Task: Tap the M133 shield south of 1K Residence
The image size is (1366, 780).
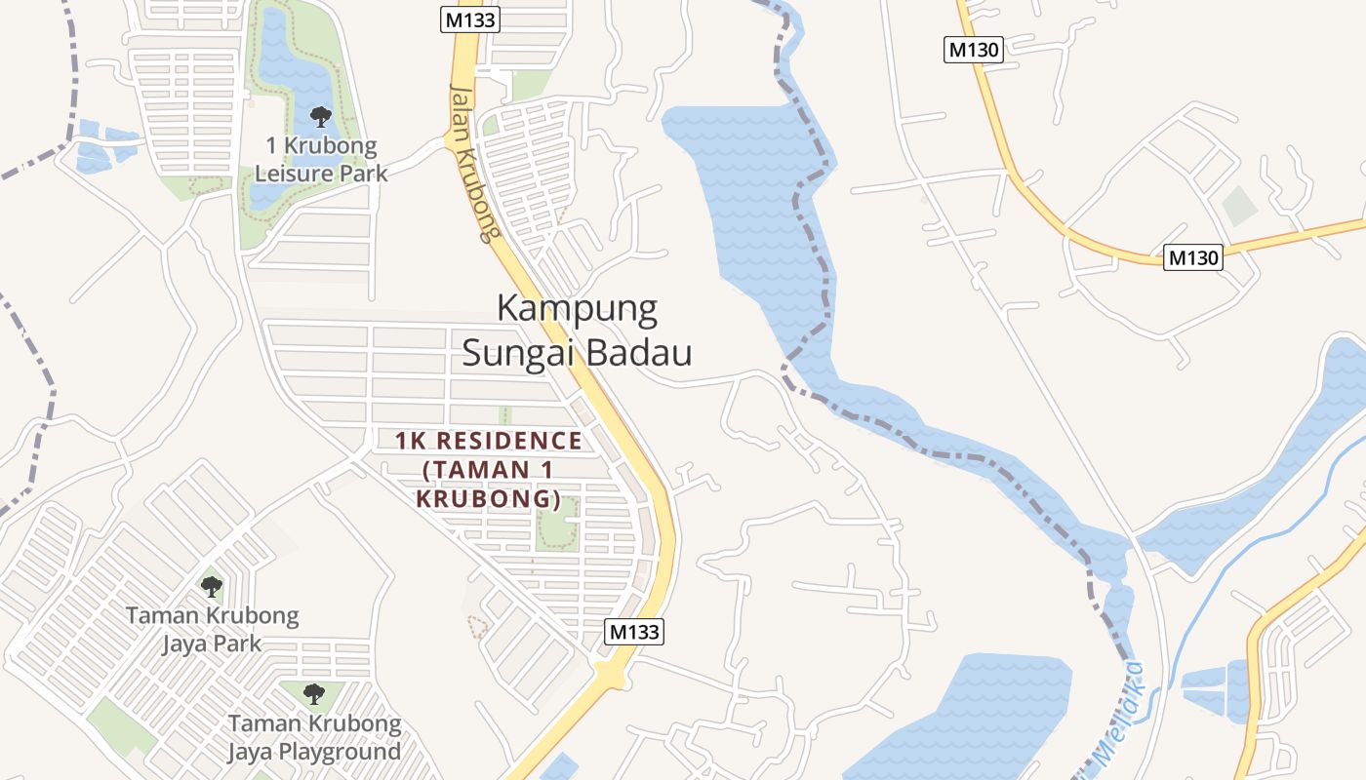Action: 634,632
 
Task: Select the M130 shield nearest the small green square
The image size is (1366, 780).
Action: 1192,257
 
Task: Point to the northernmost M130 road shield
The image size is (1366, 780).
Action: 973,50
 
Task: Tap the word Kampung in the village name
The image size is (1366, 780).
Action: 577,308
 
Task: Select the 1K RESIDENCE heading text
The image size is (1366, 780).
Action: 488,441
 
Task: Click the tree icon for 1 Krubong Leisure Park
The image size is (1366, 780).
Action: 320,118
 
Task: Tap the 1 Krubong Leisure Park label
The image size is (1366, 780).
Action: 320,160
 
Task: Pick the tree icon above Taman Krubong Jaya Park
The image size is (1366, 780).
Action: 211,586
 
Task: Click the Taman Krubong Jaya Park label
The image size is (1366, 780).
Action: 212,630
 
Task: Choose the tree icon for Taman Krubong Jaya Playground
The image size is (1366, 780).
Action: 313,694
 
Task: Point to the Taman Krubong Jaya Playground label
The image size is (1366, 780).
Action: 314,738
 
